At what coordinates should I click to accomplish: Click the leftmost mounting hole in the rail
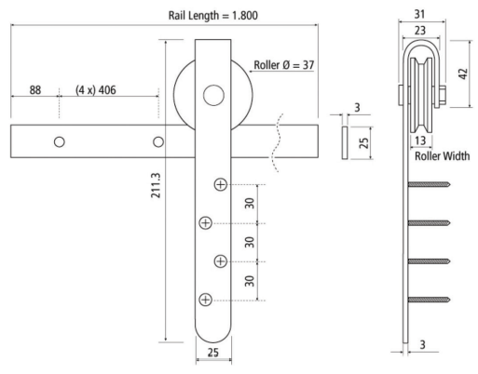tap(59, 141)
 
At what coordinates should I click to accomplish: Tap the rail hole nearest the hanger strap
tap(157, 141)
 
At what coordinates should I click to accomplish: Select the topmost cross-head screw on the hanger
tap(220, 184)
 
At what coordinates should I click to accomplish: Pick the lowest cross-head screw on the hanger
tap(205, 299)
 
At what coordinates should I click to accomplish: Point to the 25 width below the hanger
tap(212, 354)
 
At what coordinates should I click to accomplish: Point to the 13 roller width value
tap(425, 140)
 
